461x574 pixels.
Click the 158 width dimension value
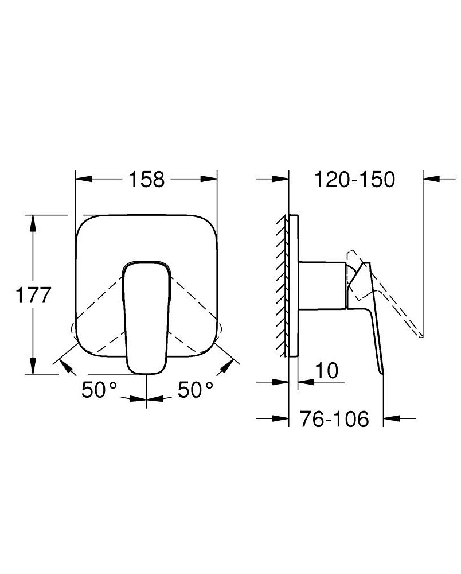pos(146,179)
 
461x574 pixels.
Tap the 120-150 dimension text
pos(354,179)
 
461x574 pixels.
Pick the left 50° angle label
pos(99,390)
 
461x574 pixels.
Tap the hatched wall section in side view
pos(282,287)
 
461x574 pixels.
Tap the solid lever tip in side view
pos(381,367)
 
